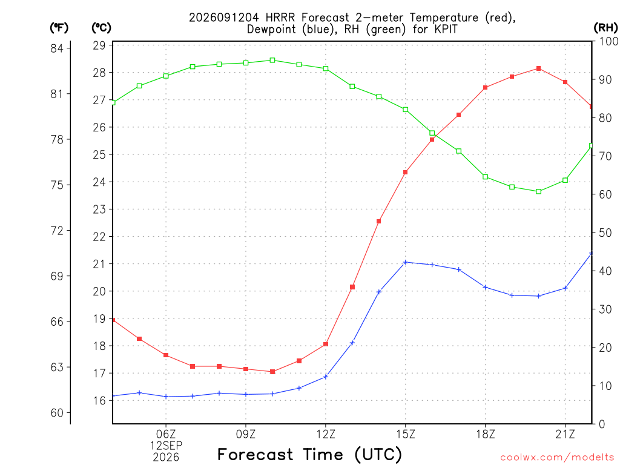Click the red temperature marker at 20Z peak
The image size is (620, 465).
538,68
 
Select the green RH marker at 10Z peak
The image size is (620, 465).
272,60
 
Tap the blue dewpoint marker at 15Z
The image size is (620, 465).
405,262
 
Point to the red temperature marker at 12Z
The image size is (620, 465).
326,345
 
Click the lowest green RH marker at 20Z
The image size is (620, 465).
538,191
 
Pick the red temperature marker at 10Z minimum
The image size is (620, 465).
272,372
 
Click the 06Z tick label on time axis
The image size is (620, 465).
166,434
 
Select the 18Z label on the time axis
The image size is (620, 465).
486,434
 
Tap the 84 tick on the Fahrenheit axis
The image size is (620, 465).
57,48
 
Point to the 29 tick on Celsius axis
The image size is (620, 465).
99,45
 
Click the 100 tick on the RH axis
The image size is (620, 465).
608,41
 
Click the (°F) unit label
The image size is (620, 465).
59,28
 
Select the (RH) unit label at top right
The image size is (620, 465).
605,28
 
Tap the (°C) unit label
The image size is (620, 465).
102,28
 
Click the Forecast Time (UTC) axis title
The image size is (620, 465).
309,454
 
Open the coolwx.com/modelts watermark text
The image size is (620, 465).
557,458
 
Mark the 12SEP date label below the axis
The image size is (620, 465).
166,446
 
